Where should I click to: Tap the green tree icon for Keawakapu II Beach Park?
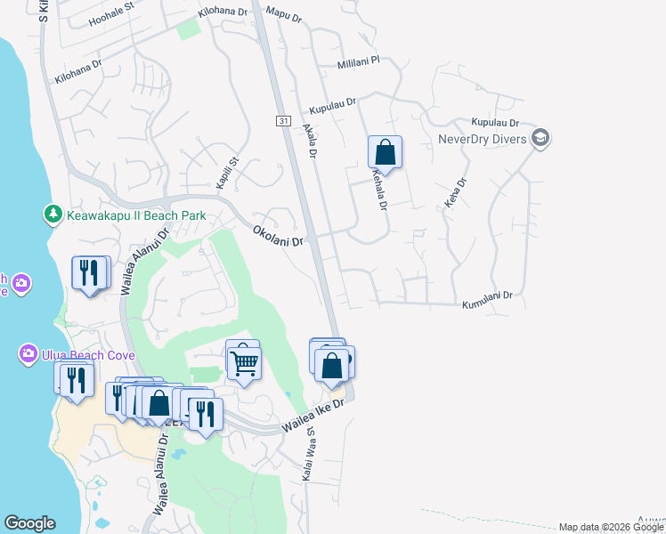(53, 215)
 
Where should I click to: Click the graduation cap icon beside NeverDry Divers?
(540, 138)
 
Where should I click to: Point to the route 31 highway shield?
(282, 120)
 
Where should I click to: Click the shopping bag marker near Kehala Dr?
(385, 152)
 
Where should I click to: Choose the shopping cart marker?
(243, 361)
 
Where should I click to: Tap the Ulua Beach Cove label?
(85, 355)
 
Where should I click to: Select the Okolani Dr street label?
(279, 235)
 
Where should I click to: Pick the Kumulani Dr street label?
(488, 300)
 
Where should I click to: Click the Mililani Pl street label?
(358, 63)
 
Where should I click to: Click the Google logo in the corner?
(29, 523)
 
